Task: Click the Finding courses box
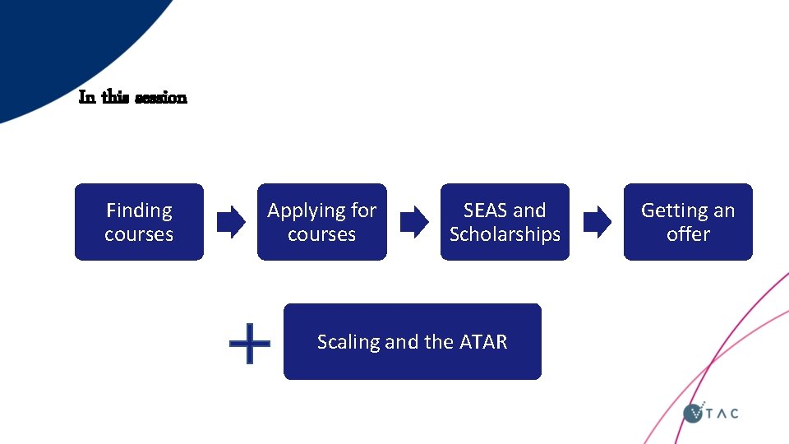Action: tap(139, 222)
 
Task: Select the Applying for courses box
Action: tap(321, 222)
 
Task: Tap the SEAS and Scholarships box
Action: tap(505, 222)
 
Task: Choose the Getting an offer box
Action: tap(688, 222)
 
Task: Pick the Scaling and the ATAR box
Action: tap(412, 341)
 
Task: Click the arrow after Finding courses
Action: tap(230, 222)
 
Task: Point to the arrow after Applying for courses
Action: tap(413, 222)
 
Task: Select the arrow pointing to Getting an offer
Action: tap(597, 222)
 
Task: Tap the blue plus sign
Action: tap(249, 343)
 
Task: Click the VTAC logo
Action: tap(711, 413)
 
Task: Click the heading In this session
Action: tap(132, 98)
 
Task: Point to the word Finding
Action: tap(139, 210)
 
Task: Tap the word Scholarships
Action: tap(505, 235)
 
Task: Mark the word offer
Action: tap(688, 234)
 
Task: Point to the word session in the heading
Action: tap(160, 98)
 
